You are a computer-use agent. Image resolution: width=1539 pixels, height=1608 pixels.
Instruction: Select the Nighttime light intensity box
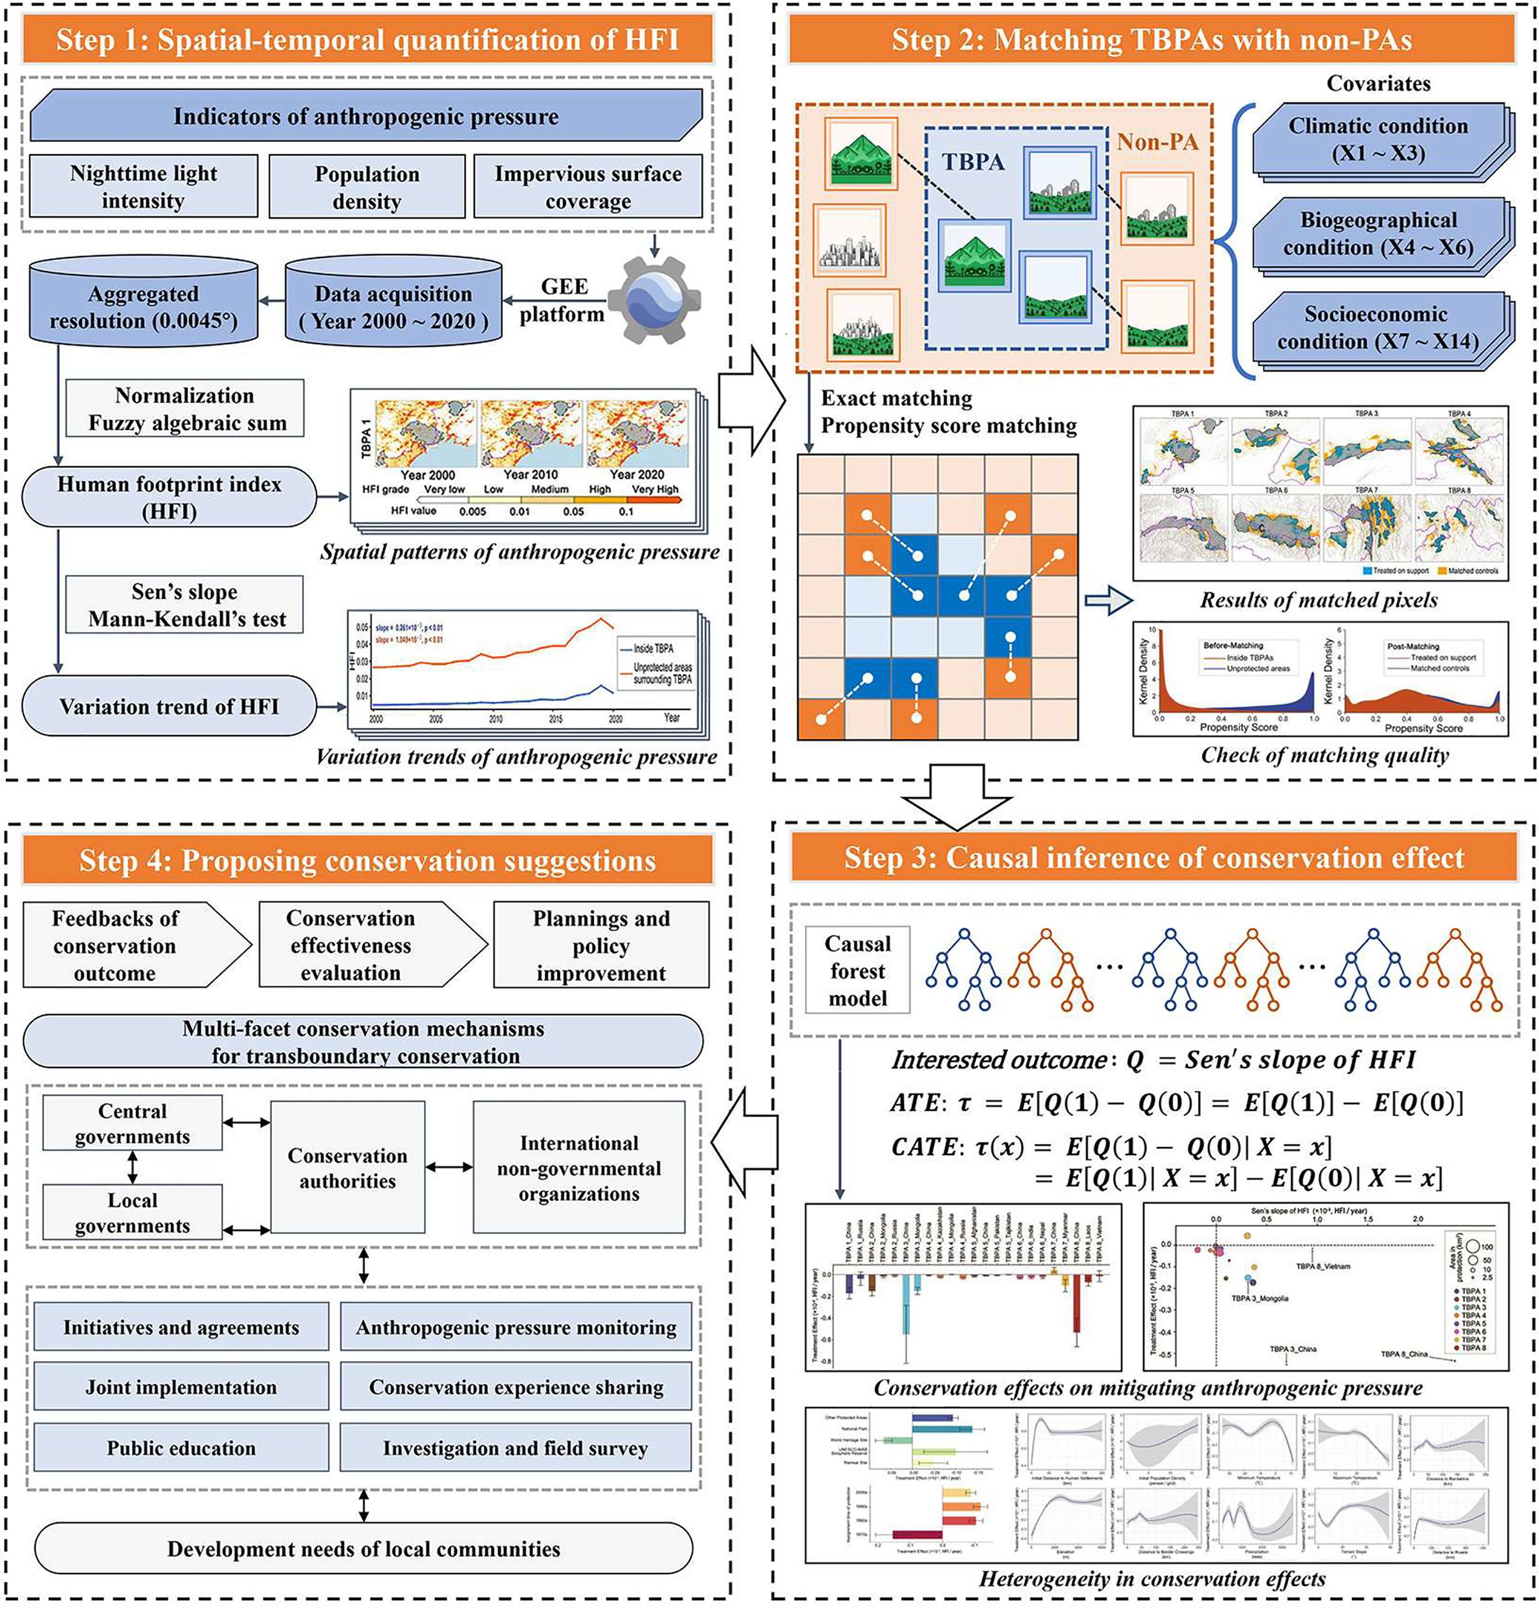point(144,186)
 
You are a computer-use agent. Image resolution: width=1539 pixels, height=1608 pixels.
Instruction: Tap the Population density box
point(366,187)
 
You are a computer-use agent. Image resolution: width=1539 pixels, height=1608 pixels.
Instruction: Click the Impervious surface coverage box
point(588,187)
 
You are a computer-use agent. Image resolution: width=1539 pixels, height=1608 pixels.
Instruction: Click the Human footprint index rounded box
point(169,497)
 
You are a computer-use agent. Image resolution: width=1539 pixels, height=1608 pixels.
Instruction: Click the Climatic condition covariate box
point(1377,139)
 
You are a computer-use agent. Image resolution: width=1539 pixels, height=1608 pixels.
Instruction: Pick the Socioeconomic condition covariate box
point(1377,328)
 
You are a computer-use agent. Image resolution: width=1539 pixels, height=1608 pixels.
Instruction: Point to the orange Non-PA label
point(1157,142)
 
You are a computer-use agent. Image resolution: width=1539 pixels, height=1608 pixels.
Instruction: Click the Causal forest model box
point(857,971)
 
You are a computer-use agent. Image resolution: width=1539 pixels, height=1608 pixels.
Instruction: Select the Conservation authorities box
point(348,1167)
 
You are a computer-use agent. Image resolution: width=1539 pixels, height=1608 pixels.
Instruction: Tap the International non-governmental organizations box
point(579,1167)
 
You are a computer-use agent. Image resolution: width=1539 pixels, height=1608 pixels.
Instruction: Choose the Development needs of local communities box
point(364,1549)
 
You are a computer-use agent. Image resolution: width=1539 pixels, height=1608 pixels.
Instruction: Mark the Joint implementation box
point(181,1386)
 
